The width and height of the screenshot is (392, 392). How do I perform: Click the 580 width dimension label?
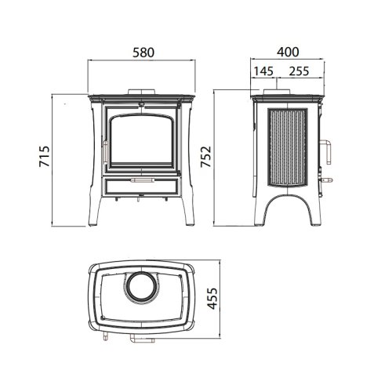143,53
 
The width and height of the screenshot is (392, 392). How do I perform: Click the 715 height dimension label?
44,156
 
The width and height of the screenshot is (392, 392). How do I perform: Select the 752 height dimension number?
205,157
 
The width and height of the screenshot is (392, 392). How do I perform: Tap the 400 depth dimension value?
288,52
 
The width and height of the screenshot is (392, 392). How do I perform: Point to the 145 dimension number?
263,71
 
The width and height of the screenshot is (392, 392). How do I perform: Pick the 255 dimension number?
299,71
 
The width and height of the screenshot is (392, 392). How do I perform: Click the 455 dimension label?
212,299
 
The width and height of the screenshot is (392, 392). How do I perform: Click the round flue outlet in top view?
140,287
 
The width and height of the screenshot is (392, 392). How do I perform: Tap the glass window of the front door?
141,140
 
